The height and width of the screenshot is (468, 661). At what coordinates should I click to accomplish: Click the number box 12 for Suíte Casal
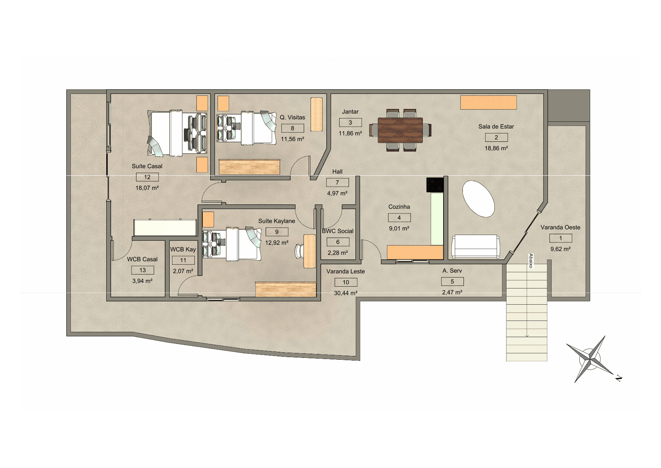(147, 177)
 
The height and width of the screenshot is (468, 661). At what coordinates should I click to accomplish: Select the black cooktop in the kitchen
(435, 185)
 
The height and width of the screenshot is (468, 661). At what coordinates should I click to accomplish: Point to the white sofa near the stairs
(475, 246)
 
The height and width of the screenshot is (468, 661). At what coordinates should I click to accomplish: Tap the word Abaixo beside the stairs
(531, 261)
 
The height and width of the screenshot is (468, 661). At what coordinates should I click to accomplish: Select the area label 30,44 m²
(346, 293)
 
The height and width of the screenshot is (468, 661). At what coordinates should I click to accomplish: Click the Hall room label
(337, 172)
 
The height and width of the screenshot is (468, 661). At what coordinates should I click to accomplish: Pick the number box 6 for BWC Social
(338, 242)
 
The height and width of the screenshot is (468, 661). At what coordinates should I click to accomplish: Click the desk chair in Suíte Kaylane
(300, 250)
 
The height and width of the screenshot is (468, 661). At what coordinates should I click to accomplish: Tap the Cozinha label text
(399, 207)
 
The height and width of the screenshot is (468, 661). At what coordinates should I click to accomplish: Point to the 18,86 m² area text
(496, 148)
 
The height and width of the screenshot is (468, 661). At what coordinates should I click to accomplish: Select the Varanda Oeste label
(560, 227)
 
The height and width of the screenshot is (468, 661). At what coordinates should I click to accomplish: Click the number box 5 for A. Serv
(452, 281)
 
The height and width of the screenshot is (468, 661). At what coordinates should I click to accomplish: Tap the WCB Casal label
(142, 259)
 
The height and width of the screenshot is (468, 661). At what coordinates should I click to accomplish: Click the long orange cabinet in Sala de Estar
(488, 102)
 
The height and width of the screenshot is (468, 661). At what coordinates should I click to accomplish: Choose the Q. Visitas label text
(292, 117)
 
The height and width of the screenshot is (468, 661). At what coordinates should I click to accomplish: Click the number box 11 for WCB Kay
(183, 260)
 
